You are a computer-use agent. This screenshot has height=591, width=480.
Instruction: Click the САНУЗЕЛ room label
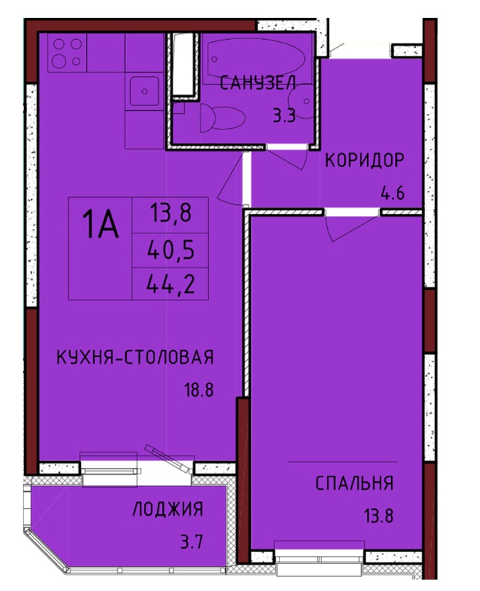tap(257, 83)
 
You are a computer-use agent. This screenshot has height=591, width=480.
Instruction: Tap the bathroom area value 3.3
tap(284, 116)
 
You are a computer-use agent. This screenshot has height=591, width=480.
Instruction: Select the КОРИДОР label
tap(364, 161)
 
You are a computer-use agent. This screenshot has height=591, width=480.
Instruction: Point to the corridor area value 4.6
tap(393, 193)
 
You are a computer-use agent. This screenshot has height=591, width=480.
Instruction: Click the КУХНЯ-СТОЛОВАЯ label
tap(135, 357)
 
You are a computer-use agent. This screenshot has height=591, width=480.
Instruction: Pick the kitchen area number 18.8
tap(198, 390)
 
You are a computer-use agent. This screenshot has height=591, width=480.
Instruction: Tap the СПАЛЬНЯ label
tap(354, 483)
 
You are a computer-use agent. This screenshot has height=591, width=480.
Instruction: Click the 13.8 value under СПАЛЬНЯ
tap(378, 516)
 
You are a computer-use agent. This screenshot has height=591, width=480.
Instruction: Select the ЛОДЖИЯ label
tap(168, 509)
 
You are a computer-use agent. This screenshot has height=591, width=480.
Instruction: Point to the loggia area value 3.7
tap(192, 543)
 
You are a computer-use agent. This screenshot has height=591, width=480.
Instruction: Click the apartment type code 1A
tap(100, 224)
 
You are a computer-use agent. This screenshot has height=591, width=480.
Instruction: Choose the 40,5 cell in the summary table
tap(171, 250)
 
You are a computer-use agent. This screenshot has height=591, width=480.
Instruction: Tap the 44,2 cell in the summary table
tap(171, 284)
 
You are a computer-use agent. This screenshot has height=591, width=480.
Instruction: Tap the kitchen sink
tap(144, 91)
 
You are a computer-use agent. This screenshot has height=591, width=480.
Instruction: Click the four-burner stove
tap(67, 53)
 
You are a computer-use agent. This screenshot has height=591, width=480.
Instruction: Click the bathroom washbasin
tap(301, 102)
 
